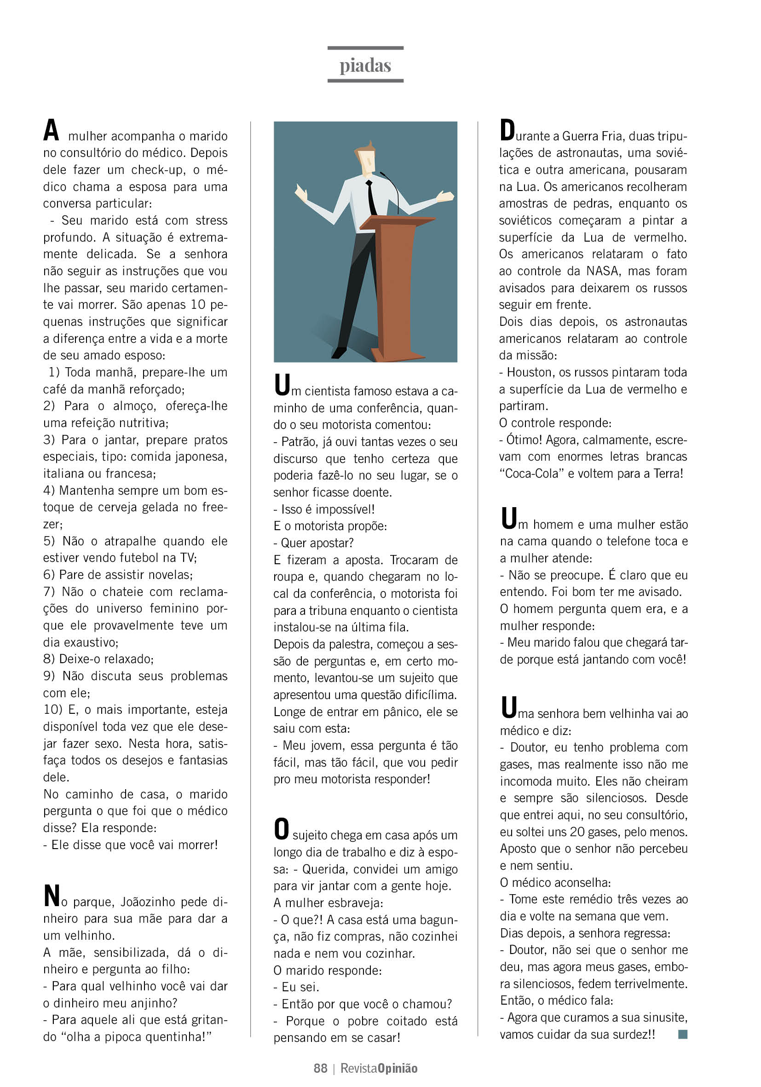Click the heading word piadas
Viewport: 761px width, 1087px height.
pyautogui.click(x=365, y=65)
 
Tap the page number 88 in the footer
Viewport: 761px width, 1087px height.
pyautogui.click(x=320, y=1068)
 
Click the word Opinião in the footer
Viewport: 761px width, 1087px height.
pyautogui.click(x=398, y=1068)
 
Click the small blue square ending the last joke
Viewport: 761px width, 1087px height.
pyautogui.click(x=682, y=1034)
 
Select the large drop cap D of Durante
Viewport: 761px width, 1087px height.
pyautogui.click(x=507, y=130)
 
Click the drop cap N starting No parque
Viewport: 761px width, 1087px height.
pyautogui.click(x=52, y=896)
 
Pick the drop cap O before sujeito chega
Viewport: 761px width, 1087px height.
pyautogui.click(x=282, y=829)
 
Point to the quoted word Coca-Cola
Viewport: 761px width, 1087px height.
pyautogui.click(x=532, y=474)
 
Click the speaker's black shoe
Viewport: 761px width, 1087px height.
pyautogui.click(x=339, y=353)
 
